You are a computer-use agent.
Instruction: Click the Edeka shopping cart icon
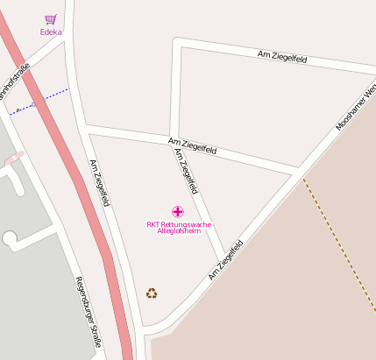point(51,19)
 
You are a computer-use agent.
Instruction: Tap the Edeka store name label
point(51,32)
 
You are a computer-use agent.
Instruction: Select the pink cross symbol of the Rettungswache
point(178,211)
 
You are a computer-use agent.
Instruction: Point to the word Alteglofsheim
point(179,231)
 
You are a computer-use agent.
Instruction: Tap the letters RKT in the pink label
point(153,224)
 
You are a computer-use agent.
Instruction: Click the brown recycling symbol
point(152,293)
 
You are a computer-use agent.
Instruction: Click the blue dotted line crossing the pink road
point(39,99)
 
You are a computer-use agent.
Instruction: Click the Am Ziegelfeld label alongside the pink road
point(99,182)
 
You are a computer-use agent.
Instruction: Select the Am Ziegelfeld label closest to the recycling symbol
point(223,264)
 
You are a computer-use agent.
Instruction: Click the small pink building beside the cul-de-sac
point(13,159)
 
